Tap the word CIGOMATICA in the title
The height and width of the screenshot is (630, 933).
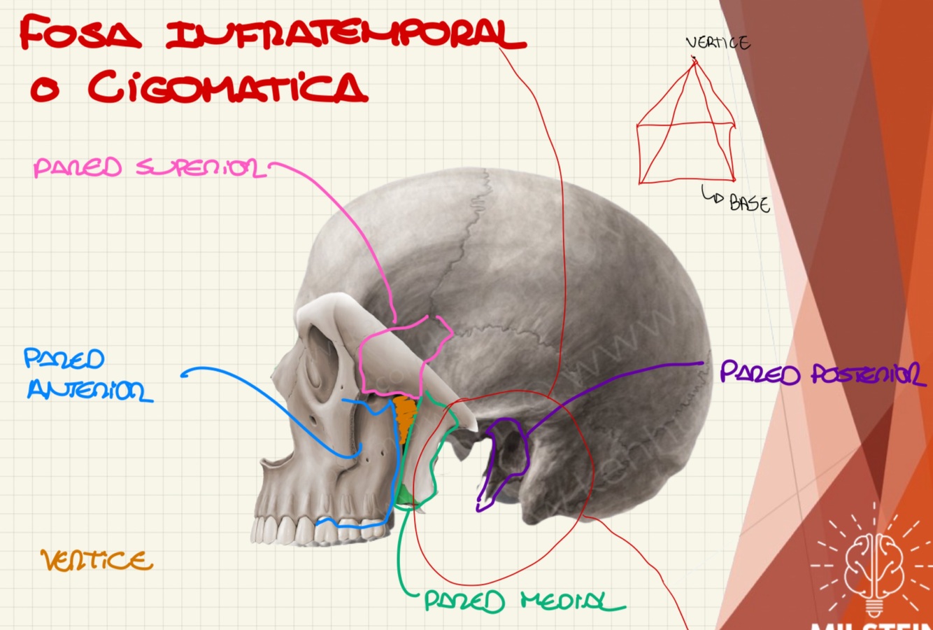(x=227, y=87)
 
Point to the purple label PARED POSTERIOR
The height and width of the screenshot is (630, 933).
(x=822, y=374)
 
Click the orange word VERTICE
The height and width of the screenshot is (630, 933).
(x=97, y=561)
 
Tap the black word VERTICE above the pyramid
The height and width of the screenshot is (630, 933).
(x=718, y=43)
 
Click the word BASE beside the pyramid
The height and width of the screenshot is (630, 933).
(x=750, y=204)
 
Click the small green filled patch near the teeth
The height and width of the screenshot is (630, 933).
(x=405, y=496)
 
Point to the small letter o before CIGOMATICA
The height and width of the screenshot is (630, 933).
(x=43, y=90)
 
